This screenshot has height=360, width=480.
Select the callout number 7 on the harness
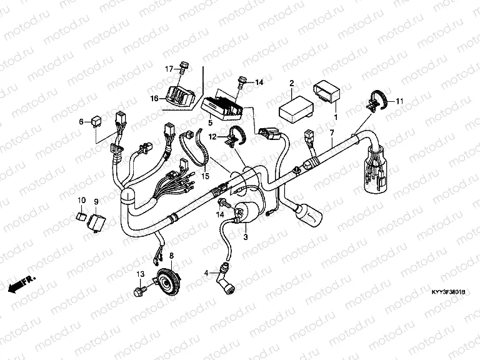(332, 132)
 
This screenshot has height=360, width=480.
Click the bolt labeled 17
(182, 66)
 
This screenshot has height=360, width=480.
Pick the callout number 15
(203, 176)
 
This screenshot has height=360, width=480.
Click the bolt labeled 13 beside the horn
(139, 291)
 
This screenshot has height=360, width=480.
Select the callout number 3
(246, 237)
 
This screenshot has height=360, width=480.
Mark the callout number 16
(154, 97)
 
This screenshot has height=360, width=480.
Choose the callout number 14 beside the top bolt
(259, 82)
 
